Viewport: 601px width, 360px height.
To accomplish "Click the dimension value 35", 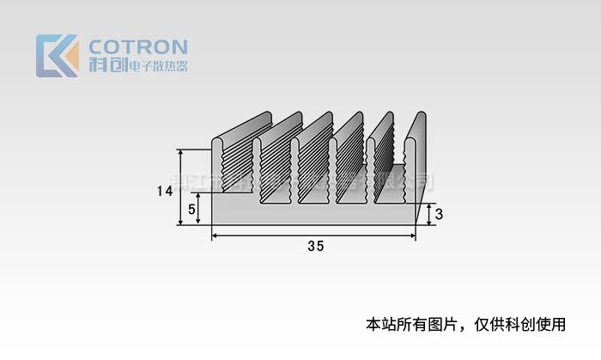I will (x=315, y=247).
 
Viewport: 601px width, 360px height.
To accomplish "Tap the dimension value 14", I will (x=166, y=192).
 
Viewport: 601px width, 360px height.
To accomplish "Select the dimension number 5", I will (x=191, y=209).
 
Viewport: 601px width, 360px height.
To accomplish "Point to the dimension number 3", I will (x=439, y=215).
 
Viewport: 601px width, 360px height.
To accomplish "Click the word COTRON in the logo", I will (x=138, y=46).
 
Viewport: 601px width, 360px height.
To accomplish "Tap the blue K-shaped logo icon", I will (x=58, y=56).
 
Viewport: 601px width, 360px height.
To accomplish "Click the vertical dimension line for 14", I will (x=181, y=186).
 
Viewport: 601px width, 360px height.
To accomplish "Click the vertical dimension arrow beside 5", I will (x=200, y=209).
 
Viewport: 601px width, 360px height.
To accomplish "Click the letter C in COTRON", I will (x=97, y=46).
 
